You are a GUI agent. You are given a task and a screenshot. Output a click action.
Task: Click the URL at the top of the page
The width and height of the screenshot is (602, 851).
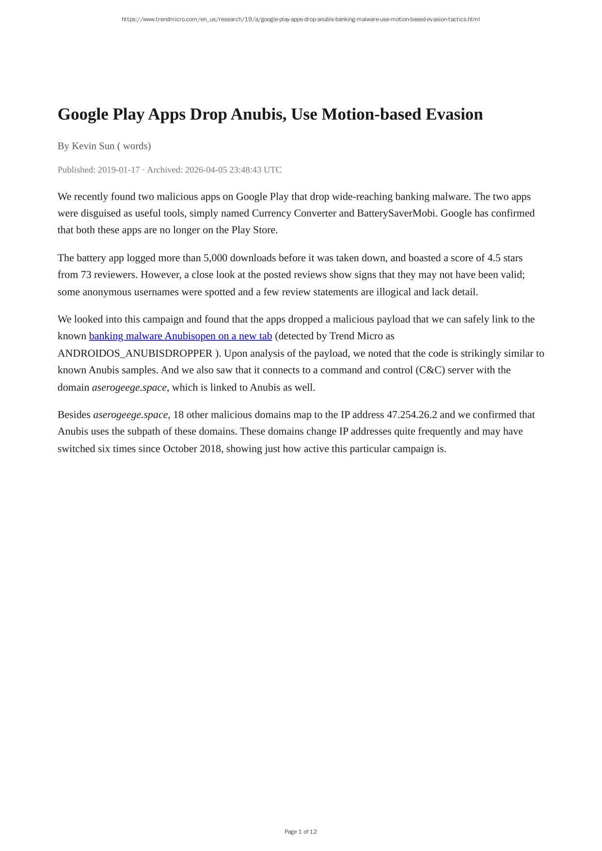coord(301,19)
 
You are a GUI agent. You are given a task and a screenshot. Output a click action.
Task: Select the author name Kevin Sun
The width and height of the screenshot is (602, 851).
coord(93,146)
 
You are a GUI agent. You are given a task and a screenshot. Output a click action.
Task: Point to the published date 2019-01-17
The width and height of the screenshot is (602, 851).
coord(119,170)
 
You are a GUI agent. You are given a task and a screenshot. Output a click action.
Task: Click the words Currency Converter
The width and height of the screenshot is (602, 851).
coord(294,213)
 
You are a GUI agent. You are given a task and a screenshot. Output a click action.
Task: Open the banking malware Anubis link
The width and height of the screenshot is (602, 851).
coord(180,336)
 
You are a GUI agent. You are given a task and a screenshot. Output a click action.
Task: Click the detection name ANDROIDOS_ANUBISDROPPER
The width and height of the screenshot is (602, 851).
coord(135,353)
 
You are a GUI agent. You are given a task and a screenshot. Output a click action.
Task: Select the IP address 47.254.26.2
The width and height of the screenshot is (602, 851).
coord(412,415)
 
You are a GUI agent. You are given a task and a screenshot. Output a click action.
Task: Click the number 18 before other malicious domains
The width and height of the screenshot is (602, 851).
coord(178,415)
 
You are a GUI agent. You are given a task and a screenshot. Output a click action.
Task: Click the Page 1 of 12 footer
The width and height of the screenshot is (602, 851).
coord(301,832)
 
